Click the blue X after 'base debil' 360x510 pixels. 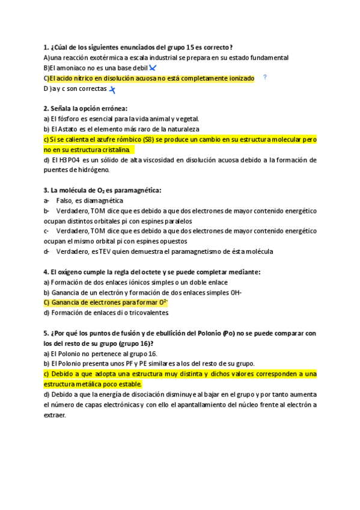click(153, 68)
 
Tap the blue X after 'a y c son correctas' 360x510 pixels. click(112, 89)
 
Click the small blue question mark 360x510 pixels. click(265, 78)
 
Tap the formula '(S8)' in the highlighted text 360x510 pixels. click(161, 139)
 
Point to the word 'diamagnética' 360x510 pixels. click(102, 200)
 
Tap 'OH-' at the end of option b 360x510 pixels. click(234, 292)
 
